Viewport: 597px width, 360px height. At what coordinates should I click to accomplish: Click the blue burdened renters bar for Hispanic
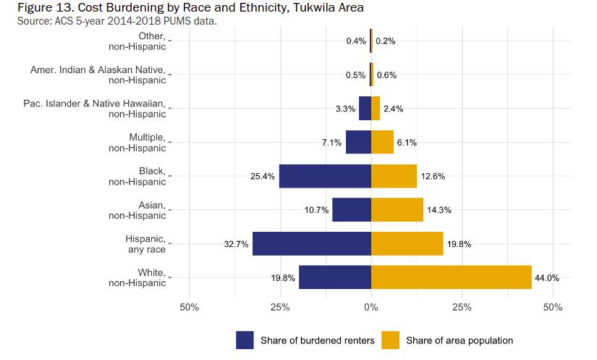click(311, 243)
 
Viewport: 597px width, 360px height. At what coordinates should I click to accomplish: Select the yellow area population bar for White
click(451, 277)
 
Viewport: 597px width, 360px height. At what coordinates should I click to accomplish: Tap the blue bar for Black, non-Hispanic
click(325, 176)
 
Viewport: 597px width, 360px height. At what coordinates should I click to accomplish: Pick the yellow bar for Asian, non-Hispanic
click(397, 210)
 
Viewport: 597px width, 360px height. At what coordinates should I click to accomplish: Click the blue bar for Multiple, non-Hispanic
click(358, 142)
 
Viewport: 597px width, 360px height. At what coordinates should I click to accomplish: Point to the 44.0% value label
click(548, 277)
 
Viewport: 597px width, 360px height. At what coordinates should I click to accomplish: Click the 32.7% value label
click(235, 244)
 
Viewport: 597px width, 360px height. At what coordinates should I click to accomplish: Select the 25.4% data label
click(262, 176)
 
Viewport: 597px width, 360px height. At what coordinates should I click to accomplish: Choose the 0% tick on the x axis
click(371, 308)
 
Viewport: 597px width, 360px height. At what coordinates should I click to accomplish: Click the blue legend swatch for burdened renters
click(245, 340)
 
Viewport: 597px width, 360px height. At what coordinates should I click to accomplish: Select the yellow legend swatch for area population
click(391, 340)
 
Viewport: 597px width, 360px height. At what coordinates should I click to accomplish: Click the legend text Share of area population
click(460, 340)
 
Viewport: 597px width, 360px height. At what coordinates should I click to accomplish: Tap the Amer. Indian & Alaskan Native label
click(98, 75)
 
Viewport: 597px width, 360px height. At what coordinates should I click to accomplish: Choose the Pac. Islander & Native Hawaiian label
click(94, 109)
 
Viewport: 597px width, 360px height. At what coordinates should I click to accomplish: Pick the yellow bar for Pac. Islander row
click(376, 109)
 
